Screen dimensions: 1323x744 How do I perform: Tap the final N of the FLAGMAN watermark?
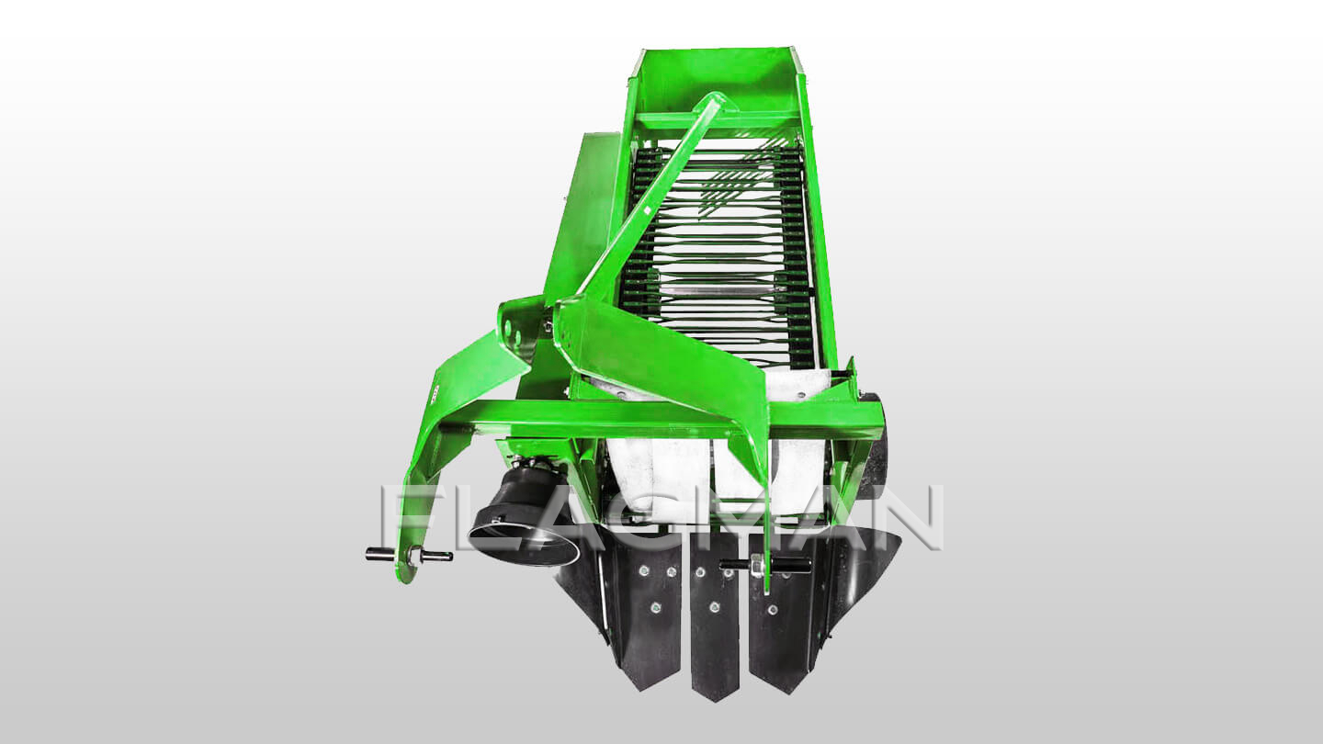tap(909, 517)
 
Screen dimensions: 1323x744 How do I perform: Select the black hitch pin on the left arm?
tap(409, 555)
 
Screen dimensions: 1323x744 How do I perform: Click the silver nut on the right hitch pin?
tap(757, 566)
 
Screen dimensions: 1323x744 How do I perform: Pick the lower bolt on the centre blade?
tap(715, 606)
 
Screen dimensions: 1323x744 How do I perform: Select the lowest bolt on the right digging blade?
tap(772, 609)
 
